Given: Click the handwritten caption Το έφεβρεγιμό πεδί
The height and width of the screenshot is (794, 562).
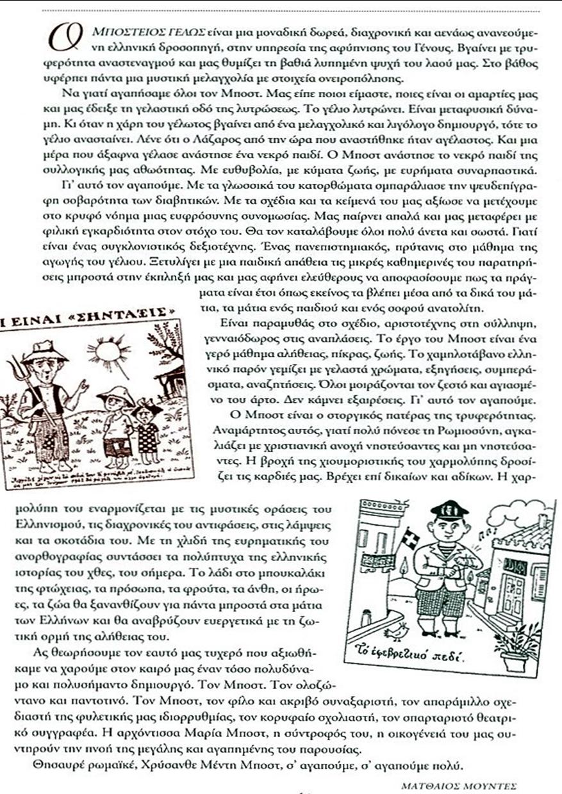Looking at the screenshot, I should (x=404, y=656).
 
